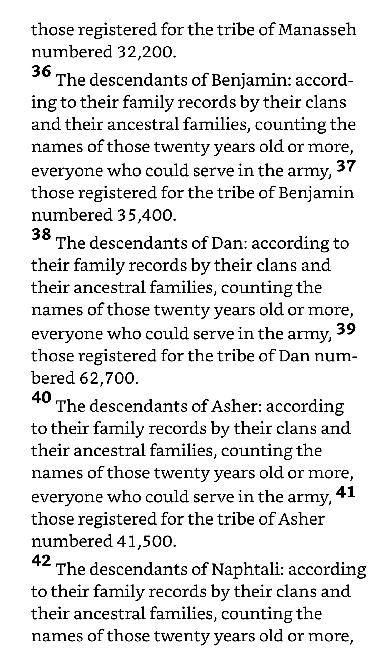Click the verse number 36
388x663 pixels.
41,72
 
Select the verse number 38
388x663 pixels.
41,234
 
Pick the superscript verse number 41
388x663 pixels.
346,492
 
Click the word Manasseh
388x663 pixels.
317,30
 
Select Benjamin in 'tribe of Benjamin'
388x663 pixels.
316,193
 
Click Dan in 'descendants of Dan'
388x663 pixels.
229,243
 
